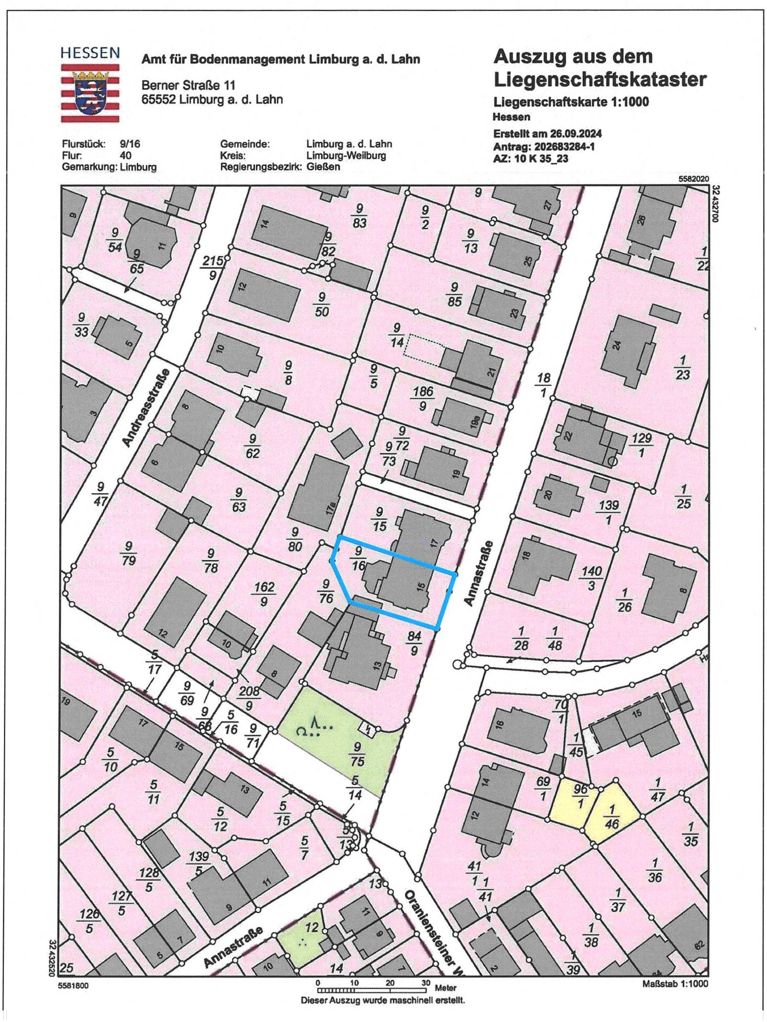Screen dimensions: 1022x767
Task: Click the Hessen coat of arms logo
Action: (90, 92)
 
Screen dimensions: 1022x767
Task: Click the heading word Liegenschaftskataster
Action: (600, 80)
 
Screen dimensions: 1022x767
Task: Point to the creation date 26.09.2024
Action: (575, 134)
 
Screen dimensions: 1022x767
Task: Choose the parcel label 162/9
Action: (264, 594)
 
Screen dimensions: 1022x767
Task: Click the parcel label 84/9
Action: (413, 643)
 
